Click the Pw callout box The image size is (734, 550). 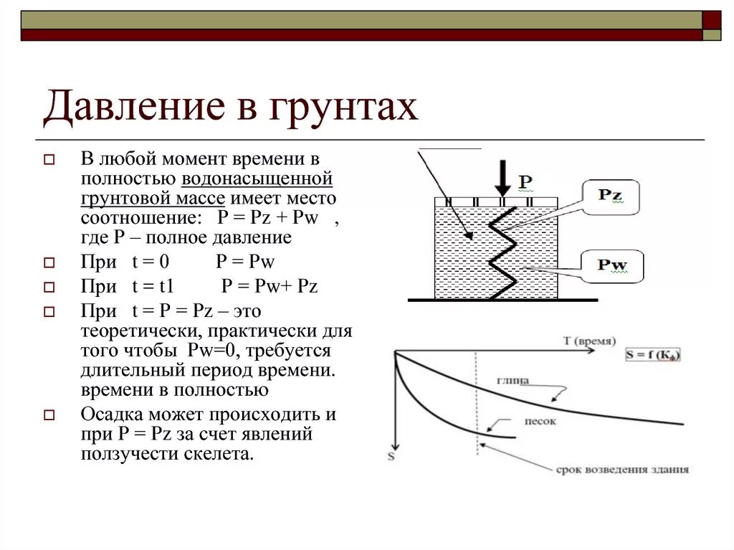(x=611, y=266)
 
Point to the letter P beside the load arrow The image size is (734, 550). (x=525, y=181)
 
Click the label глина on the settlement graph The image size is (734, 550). (x=513, y=381)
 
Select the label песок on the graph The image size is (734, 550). (x=538, y=422)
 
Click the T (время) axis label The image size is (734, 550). (x=589, y=341)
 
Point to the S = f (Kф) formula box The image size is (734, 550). (x=653, y=354)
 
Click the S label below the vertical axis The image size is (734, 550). (x=391, y=455)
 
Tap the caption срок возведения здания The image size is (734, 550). (x=622, y=470)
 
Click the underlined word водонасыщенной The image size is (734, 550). (x=257, y=178)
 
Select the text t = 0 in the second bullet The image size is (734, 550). (x=150, y=262)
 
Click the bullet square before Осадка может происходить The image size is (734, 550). (x=49, y=415)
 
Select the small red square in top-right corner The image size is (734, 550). (x=712, y=19)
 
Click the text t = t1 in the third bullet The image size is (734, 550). (x=153, y=287)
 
